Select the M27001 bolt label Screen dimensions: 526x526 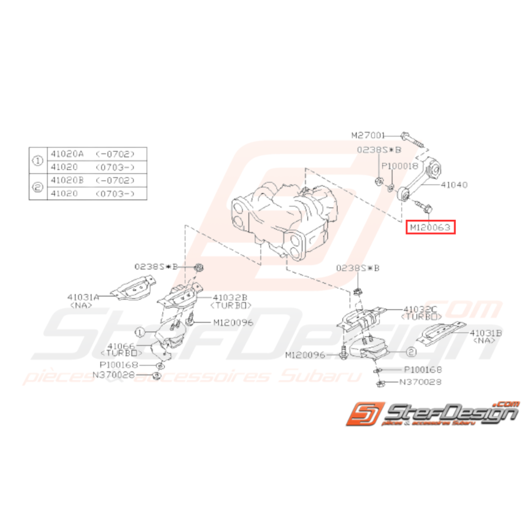(368, 136)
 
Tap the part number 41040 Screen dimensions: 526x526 (454, 184)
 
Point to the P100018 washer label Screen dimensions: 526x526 (401, 166)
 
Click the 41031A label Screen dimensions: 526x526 (83, 296)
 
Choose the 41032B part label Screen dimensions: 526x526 (231, 297)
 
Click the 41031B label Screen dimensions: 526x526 (485, 333)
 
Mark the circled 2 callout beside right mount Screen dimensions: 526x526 (411, 352)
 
